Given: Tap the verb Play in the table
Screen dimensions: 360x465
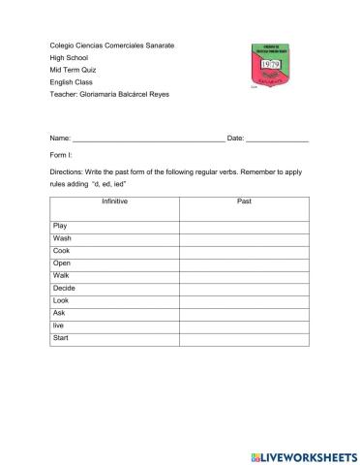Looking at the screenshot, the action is (60, 226).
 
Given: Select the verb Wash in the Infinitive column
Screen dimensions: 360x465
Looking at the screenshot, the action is (62, 238).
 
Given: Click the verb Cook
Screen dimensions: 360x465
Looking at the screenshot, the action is (61, 251).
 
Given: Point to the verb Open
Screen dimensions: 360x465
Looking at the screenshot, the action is (62, 263).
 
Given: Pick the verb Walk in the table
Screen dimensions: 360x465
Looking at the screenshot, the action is (61, 276).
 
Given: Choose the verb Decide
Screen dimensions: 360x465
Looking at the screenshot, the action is (64, 289).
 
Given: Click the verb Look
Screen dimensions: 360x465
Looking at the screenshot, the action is (61, 301).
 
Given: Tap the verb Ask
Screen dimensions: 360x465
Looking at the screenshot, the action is (59, 314).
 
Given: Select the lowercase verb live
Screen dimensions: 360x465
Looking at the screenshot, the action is (59, 326).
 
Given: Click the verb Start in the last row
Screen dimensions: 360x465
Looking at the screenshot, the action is (61, 338).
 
